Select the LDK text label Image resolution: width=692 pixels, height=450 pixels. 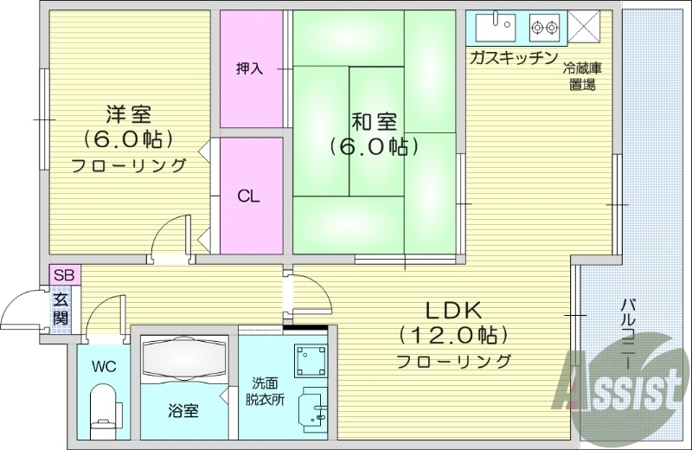point(452,310)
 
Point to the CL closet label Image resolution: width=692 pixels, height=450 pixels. point(250,196)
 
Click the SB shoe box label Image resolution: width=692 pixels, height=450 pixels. point(64,275)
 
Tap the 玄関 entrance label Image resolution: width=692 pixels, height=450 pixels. point(61,309)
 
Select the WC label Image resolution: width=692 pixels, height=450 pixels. point(105,365)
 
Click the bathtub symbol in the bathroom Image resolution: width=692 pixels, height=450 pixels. point(183,357)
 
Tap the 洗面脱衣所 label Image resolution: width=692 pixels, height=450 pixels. point(266,390)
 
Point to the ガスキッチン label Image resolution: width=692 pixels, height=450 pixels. point(512,58)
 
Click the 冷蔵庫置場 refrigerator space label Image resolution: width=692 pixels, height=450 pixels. point(581,76)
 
